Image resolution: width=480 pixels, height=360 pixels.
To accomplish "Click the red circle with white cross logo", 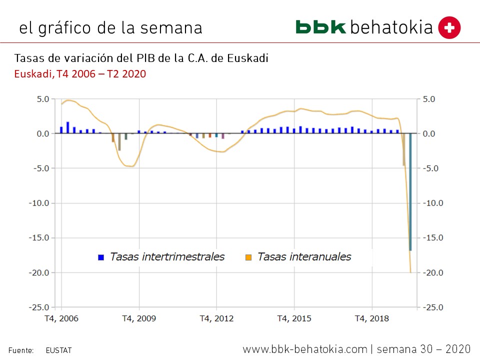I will (x=449, y=27).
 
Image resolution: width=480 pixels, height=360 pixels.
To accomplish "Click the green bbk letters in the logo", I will (x=320, y=27).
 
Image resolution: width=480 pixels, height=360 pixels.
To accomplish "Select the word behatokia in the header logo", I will (x=391, y=27).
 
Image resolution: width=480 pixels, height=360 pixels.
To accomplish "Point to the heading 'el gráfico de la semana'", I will (x=110, y=27).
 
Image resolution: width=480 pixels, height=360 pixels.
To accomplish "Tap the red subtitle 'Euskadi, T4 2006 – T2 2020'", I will (x=80, y=74).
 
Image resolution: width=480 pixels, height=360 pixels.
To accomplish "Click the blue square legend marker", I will (x=101, y=257).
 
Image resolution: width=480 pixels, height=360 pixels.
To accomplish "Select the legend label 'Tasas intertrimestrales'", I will (x=167, y=257).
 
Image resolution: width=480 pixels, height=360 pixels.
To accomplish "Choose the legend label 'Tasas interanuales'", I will (x=304, y=257).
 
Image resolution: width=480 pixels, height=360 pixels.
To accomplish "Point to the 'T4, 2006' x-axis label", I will (x=61, y=318).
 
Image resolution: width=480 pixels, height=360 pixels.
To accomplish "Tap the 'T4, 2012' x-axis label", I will (x=216, y=318).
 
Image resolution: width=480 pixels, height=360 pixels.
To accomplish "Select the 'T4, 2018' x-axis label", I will (x=371, y=318).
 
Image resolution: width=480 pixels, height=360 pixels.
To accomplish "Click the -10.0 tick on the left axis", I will (x=38, y=203).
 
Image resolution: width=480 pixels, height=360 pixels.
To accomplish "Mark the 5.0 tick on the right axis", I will (x=430, y=99).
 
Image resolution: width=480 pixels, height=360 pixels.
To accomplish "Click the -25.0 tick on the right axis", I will (x=433, y=307).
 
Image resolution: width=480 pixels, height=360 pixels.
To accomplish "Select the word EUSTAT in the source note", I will (x=58, y=350).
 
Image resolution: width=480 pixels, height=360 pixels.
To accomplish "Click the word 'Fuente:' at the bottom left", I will (x=20, y=350).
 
